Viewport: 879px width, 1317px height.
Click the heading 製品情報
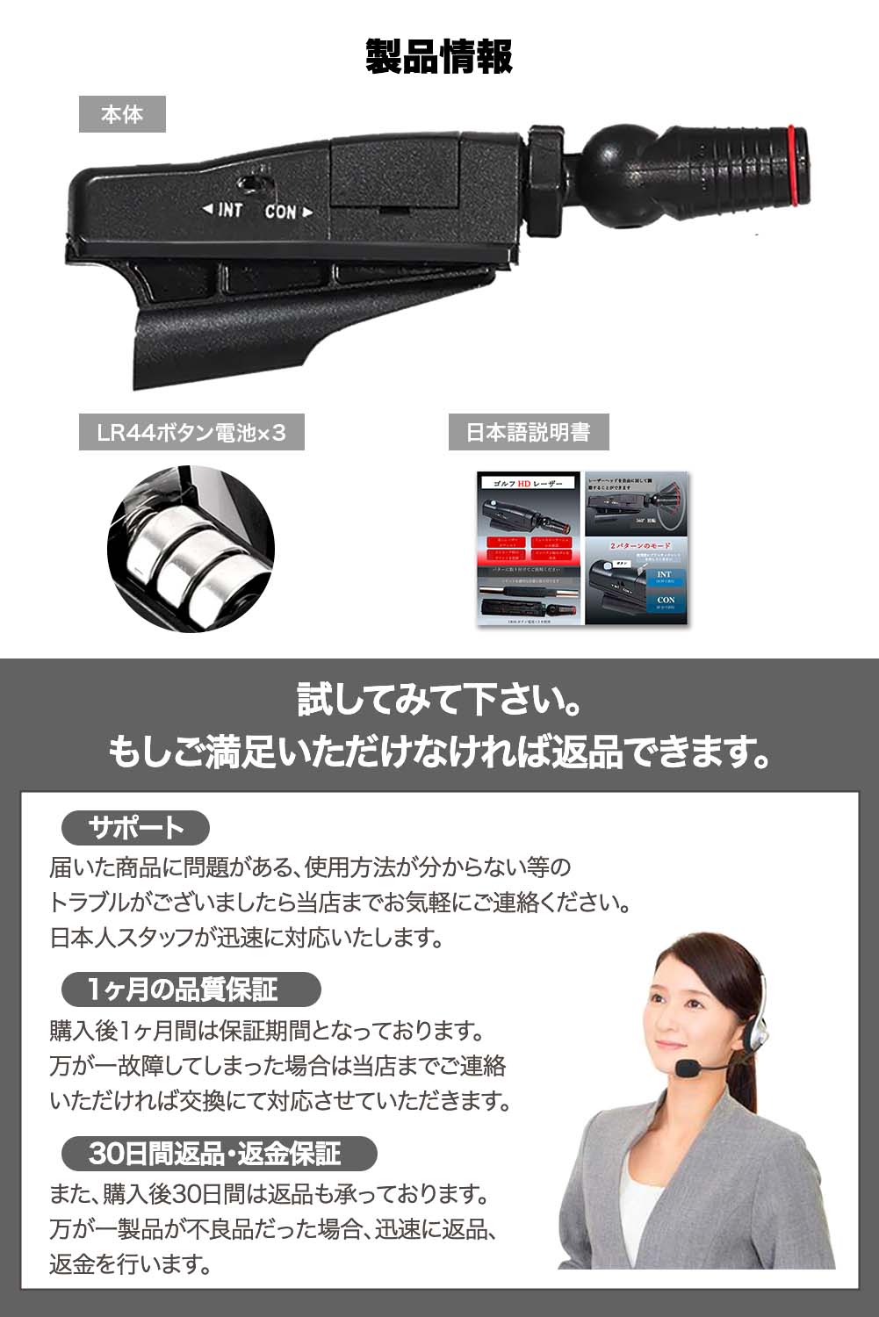click(x=439, y=57)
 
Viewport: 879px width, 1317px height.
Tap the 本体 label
click(x=122, y=114)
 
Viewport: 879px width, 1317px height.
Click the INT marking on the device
click(x=224, y=210)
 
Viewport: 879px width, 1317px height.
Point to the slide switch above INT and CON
click(x=253, y=183)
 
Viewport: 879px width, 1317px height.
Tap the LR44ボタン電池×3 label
click(x=191, y=433)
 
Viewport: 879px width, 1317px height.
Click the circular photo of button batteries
click(x=191, y=549)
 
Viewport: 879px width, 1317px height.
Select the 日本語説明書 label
click(x=529, y=433)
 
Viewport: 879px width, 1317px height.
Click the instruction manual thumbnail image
click(x=582, y=549)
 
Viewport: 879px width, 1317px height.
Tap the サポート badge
click(x=136, y=828)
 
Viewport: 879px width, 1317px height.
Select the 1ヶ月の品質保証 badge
click(x=191, y=990)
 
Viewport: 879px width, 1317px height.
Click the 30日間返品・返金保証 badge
click(x=219, y=1153)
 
